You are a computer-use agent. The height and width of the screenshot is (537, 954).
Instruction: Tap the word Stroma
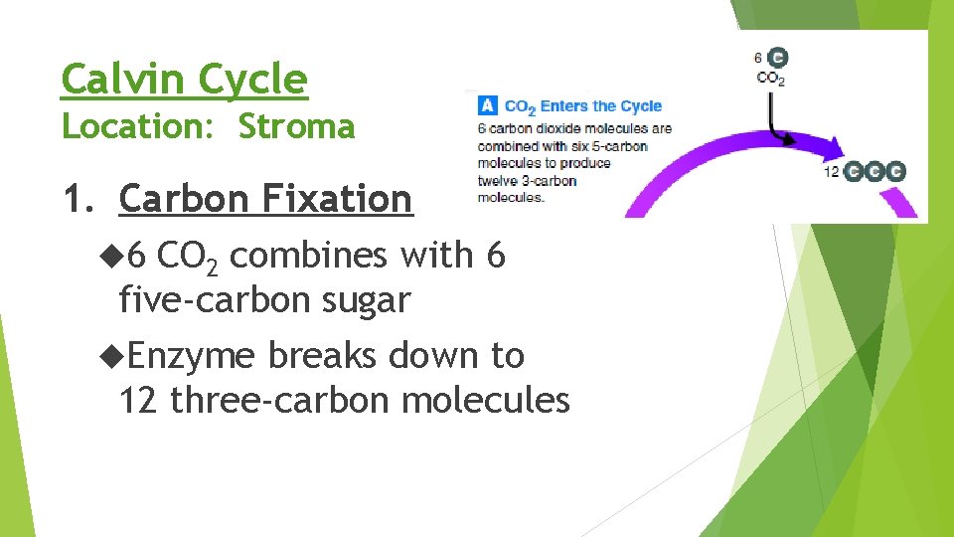click(x=296, y=127)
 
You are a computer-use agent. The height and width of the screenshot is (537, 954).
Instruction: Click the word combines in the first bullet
click(x=313, y=256)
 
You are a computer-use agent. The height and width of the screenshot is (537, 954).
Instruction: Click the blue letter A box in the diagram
click(x=487, y=105)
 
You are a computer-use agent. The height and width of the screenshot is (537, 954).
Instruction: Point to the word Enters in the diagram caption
click(x=563, y=106)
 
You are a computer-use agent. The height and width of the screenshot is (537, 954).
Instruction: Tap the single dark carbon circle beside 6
click(x=778, y=57)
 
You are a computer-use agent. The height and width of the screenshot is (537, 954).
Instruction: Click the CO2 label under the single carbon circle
click(x=770, y=78)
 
